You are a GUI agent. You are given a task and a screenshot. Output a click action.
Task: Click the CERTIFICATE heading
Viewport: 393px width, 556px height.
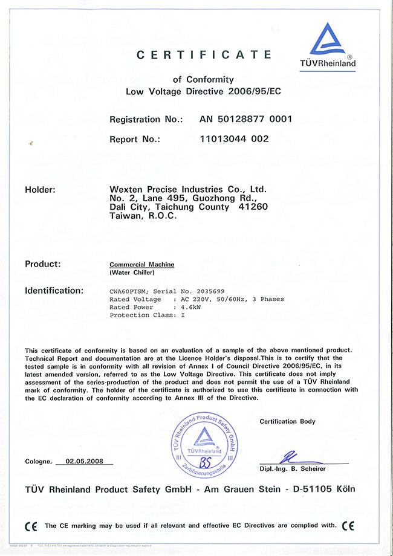pos(204,55)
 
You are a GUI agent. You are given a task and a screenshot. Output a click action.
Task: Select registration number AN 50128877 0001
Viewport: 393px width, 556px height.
pos(245,119)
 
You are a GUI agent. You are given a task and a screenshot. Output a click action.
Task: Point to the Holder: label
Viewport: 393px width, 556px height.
pos(40,190)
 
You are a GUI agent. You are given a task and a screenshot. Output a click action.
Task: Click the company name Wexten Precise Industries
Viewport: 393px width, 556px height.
pos(188,190)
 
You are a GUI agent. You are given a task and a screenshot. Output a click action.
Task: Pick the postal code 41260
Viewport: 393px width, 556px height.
pos(254,207)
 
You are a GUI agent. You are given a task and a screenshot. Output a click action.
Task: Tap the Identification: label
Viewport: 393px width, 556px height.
pos(54,291)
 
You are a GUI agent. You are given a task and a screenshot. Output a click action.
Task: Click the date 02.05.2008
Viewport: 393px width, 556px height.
pos(85,461)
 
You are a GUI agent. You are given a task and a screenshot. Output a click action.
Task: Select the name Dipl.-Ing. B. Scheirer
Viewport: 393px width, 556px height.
pos(293,469)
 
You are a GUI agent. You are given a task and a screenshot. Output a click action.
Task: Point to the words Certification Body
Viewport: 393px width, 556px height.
pos(287,421)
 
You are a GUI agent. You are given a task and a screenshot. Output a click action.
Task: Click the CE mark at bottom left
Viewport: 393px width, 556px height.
pos(31,526)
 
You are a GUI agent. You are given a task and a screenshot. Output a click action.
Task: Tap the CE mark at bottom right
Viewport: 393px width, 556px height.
pos(348,526)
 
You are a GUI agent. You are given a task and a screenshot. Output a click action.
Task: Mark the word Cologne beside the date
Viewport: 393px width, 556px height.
pos(38,462)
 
